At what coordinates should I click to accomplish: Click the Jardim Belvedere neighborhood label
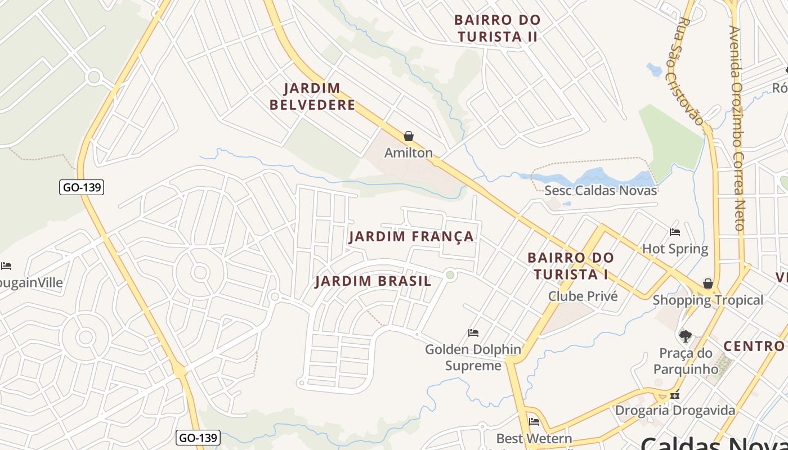[x=312, y=97]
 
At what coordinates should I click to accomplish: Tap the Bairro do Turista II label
[x=498, y=28]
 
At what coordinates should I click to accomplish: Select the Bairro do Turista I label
[x=571, y=266]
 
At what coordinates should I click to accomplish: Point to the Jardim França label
[x=411, y=236]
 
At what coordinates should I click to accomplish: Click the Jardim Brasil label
[x=373, y=281]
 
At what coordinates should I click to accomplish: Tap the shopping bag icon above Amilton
[x=409, y=136]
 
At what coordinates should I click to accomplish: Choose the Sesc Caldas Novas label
[x=601, y=190]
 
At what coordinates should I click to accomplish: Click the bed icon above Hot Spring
[x=675, y=232]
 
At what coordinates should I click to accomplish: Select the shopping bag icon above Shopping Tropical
[x=708, y=283]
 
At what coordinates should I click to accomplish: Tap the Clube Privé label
[x=583, y=296]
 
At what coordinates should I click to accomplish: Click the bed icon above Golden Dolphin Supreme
[x=473, y=333]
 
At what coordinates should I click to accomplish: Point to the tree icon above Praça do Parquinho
[x=685, y=336]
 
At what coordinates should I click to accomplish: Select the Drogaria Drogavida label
[x=675, y=410]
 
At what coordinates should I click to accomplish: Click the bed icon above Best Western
[x=534, y=422]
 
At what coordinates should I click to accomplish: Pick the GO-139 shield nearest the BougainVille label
[x=82, y=187]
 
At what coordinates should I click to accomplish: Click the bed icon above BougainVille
[x=6, y=266]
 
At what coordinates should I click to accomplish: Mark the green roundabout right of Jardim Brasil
[x=450, y=275]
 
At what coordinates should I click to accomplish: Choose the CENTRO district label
[x=754, y=346]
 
